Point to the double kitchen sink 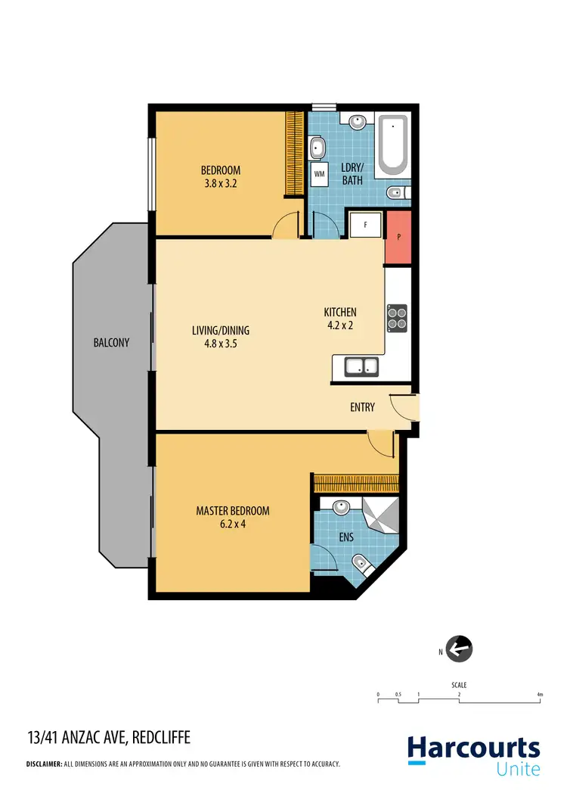362,367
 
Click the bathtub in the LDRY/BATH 392,144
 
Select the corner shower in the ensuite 379,515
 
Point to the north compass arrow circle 460,649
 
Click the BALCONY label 111,342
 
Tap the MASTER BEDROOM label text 232,511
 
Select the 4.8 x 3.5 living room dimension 220,344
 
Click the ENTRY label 362,407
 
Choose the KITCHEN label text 339,313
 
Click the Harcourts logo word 474,749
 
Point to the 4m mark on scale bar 539,694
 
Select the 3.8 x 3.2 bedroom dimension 220,183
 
